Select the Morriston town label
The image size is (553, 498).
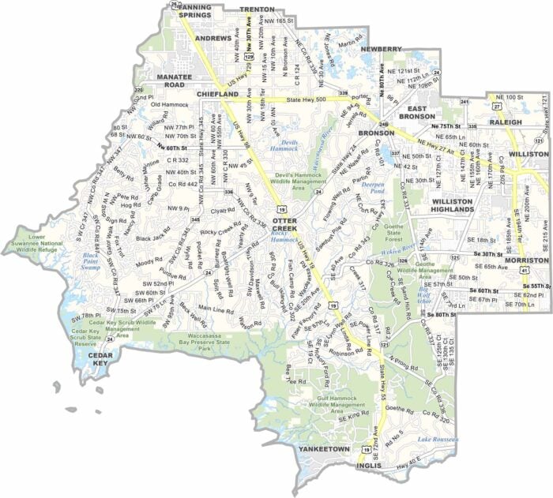pyautogui.click(x=526, y=260)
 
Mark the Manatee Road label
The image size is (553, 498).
pyautogui.click(x=164, y=80)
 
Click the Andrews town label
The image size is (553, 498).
pyautogui.click(x=213, y=38)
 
